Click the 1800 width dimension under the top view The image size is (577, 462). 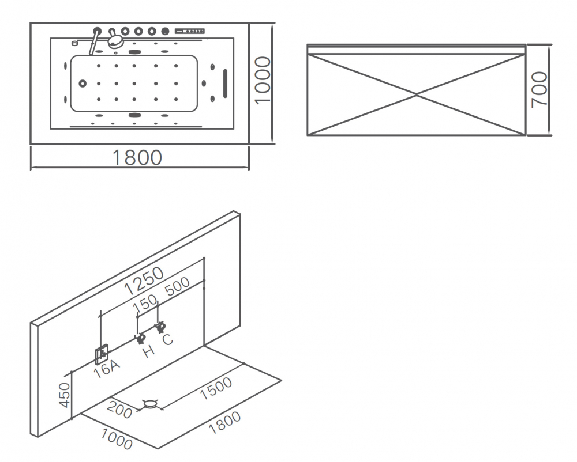click(x=137, y=157)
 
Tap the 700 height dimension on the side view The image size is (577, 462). click(x=539, y=89)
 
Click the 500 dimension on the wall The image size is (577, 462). click(x=177, y=287)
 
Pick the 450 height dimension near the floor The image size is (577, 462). click(x=65, y=395)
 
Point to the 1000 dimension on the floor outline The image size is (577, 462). click(x=116, y=438)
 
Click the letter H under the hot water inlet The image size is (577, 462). click(x=149, y=351)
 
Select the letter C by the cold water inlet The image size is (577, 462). click(x=167, y=339)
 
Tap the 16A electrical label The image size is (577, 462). click(x=107, y=368)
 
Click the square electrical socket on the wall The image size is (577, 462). click(x=101, y=354)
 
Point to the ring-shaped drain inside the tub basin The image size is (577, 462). click(x=83, y=84)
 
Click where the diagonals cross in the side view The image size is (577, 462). click(x=417, y=94)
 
